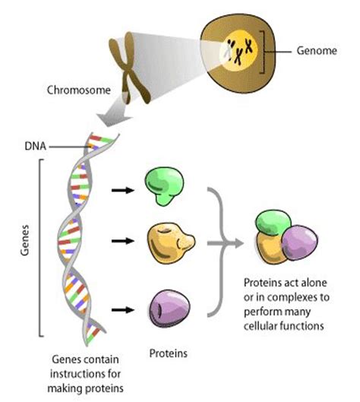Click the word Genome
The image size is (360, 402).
click(314, 51)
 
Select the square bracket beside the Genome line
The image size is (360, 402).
click(267, 51)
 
